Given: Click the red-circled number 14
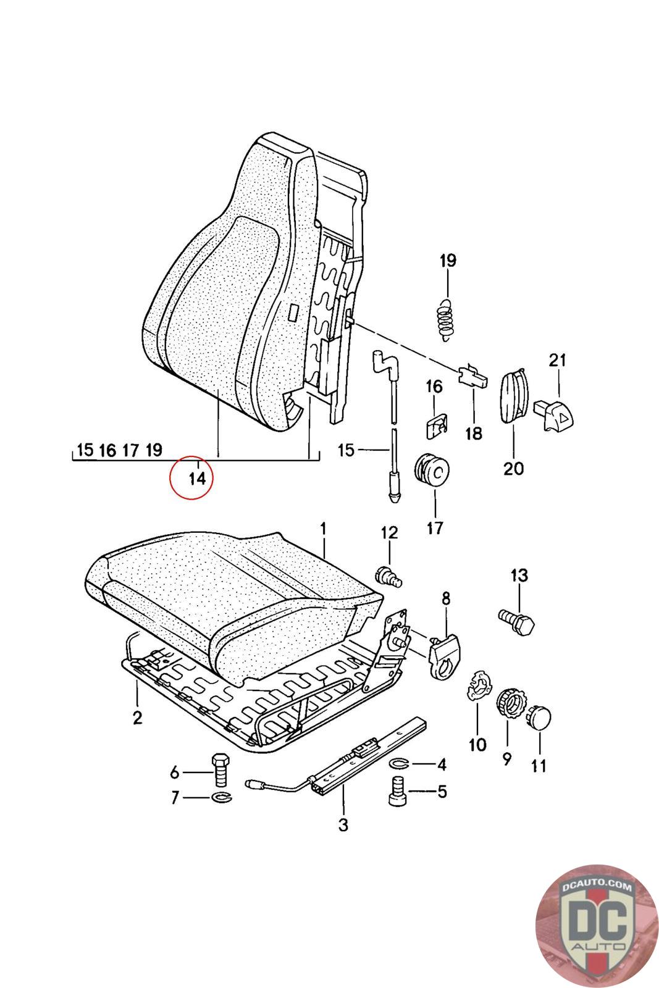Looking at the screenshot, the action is click(x=197, y=478).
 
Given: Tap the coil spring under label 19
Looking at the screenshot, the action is click(x=446, y=320).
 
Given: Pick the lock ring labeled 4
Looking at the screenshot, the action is click(x=400, y=763).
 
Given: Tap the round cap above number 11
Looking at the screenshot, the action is click(x=538, y=718).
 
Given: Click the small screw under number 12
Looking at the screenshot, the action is click(x=388, y=576).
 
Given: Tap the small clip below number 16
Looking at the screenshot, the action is click(x=436, y=426).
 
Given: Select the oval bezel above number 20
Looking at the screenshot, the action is click(x=514, y=396).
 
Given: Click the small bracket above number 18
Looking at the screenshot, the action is click(x=473, y=375).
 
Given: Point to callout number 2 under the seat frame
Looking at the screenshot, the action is click(x=138, y=718).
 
